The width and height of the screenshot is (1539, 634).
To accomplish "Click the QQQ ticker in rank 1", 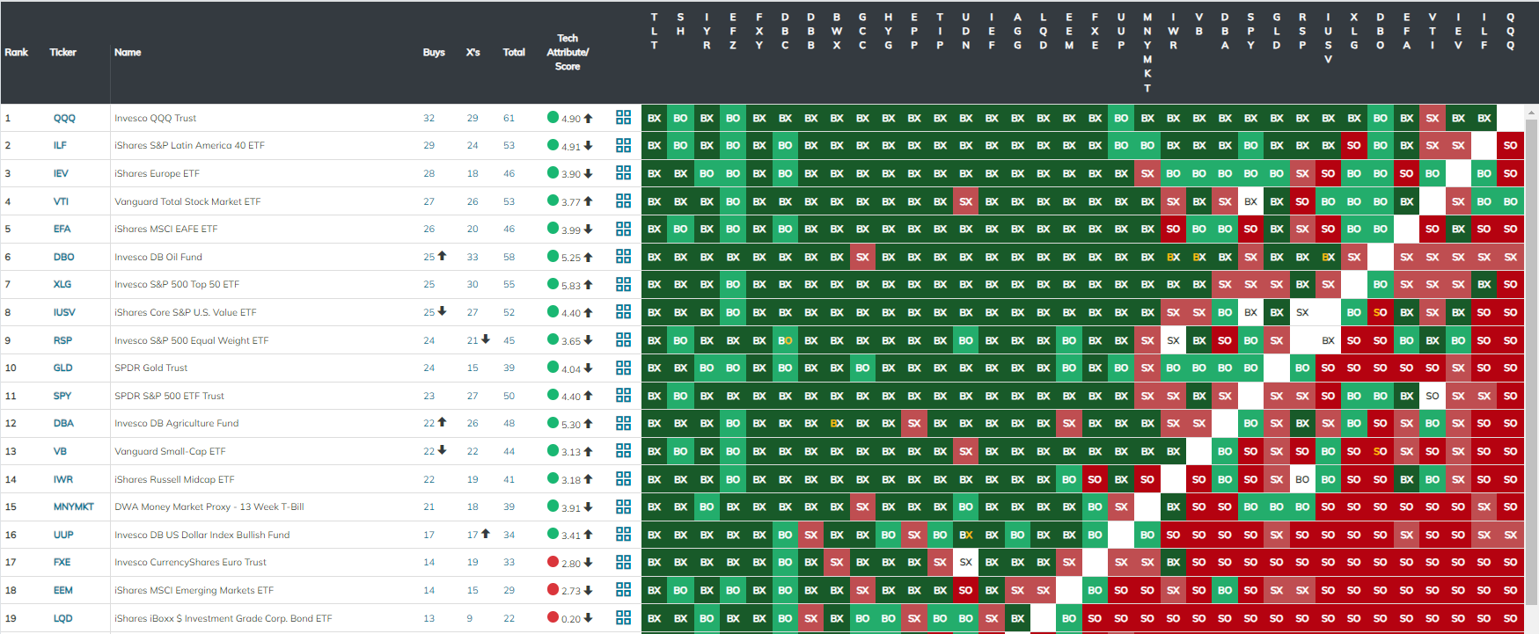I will tap(64, 118).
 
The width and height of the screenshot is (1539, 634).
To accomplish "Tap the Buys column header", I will tap(434, 53).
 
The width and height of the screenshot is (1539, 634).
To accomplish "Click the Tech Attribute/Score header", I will tap(568, 52).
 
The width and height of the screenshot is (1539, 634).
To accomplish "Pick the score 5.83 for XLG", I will tap(571, 285).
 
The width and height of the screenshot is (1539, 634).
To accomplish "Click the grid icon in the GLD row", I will tap(624, 368).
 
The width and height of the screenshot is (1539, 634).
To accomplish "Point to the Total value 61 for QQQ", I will tap(509, 118).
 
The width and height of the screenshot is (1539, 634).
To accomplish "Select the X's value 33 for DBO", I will tap(473, 257).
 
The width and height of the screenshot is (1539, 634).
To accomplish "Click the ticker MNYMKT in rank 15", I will tap(73, 506).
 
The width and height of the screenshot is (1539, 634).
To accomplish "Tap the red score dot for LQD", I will tap(553, 617).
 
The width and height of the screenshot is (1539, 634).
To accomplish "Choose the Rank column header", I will tap(17, 53).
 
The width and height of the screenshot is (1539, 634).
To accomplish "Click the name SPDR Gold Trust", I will tap(150, 368).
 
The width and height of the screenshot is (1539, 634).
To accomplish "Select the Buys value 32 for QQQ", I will tap(429, 118).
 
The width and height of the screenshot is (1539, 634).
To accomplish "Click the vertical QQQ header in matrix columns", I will tap(1510, 31).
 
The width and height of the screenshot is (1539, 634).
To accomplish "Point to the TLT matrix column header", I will tap(654, 31).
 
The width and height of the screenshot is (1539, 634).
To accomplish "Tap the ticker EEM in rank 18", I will tap(63, 590).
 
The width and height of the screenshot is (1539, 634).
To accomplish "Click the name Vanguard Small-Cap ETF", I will tap(170, 451).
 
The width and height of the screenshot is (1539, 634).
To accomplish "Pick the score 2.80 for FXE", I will tap(571, 563).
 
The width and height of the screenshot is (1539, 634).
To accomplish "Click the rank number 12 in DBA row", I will tap(11, 423).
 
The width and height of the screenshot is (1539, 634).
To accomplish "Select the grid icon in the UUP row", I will tap(624, 535).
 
